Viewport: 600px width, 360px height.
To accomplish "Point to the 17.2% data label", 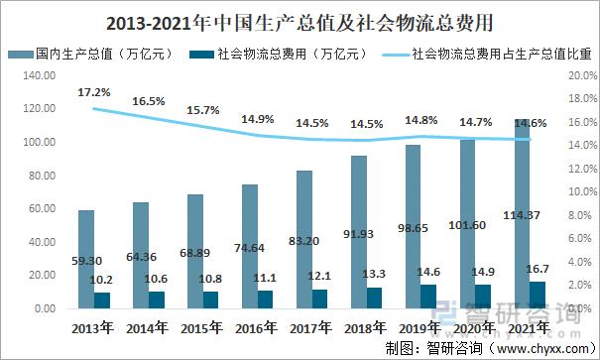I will (95, 92).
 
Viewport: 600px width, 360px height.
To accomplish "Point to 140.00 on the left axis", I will (40, 75).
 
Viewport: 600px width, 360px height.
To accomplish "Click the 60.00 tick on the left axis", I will (43, 208).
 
